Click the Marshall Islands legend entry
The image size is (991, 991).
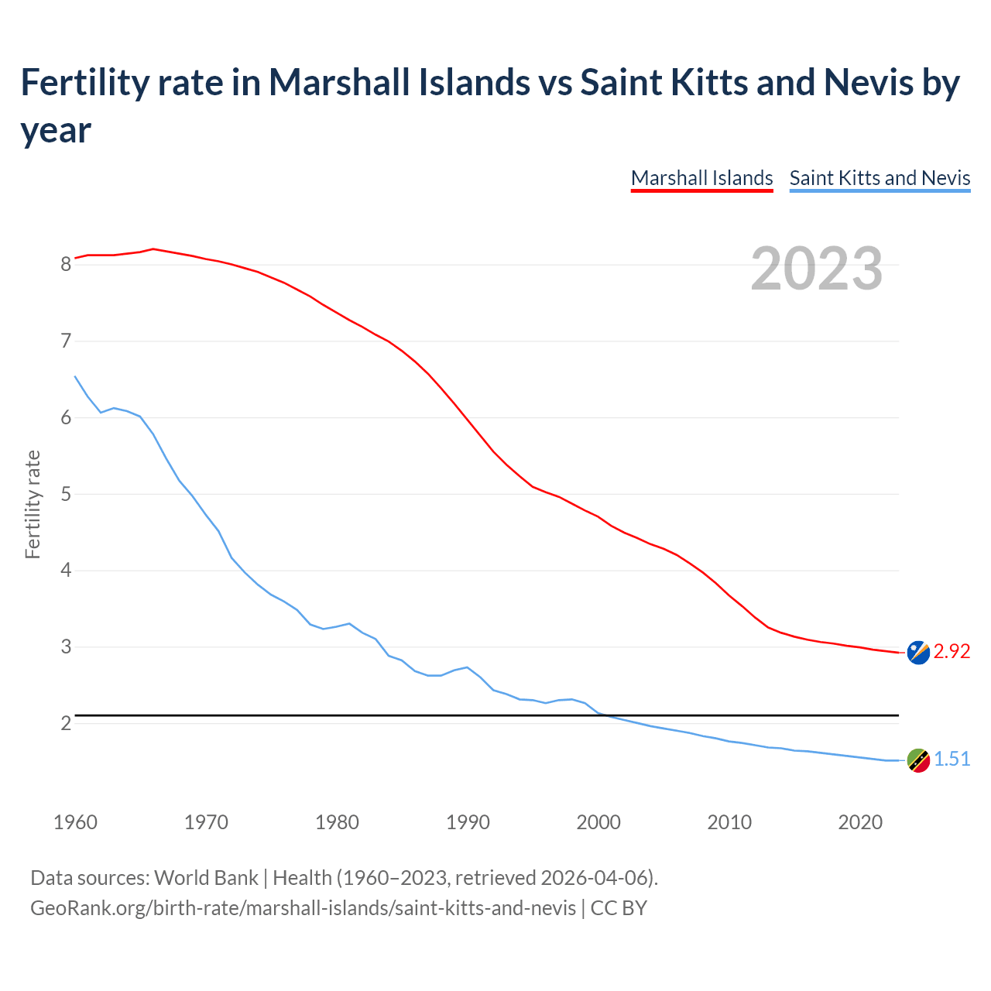click(x=701, y=178)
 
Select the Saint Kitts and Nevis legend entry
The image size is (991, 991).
click(x=880, y=178)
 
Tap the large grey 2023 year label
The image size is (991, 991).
click(x=817, y=269)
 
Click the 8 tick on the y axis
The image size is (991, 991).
click(x=66, y=264)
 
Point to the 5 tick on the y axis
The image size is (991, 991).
click(x=66, y=494)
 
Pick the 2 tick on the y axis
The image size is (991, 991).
click(x=66, y=723)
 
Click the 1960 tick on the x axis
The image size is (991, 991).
click(x=75, y=822)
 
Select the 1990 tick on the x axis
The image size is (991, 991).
click(x=468, y=822)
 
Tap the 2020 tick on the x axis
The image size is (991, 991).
click(x=860, y=822)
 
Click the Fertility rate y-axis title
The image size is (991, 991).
click(x=33, y=504)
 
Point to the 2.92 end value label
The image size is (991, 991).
click(x=952, y=652)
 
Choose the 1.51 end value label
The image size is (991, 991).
click(x=952, y=760)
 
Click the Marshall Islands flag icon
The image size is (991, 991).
click(x=918, y=653)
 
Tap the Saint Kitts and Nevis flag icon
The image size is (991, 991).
click(x=918, y=760)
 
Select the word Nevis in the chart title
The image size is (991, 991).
click(x=868, y=82)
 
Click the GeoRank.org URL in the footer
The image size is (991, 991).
click(x=303, y=907)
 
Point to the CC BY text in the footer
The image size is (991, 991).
click(x=619, y=907)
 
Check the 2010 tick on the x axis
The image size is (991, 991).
click(x=729, y=822)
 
